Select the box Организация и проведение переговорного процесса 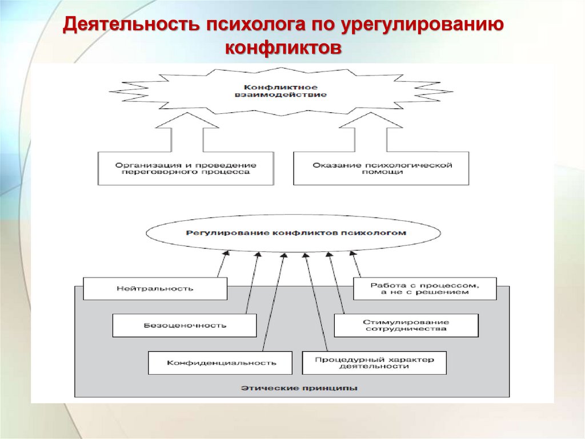[185, 168]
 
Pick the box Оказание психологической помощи [381, 168]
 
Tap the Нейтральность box [155, 288]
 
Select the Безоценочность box [185, 325]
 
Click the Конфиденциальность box [221, 362]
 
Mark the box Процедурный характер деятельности [374, 362]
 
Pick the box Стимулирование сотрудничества [406, 325]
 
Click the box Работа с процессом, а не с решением [424, 288]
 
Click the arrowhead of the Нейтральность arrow [226, 253]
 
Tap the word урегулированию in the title [423, 26]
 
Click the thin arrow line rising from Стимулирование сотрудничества [336, 283]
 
